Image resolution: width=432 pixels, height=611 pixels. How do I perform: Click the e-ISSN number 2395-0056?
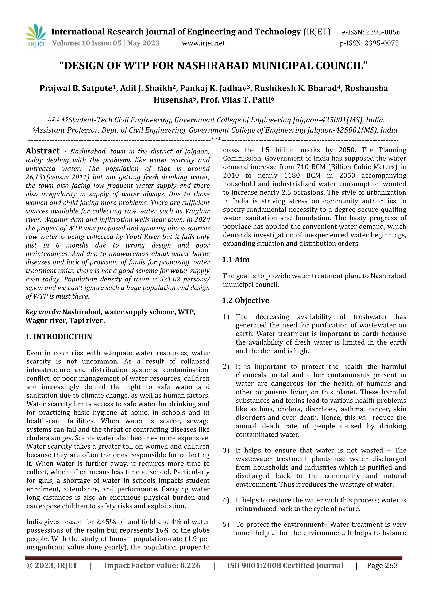pos(383,32)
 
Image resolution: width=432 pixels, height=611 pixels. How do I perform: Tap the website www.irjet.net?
pos(203,43)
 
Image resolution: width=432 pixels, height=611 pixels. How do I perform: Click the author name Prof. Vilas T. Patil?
pos(237,100)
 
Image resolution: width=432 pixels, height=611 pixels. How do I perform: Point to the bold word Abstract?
pos(43,151)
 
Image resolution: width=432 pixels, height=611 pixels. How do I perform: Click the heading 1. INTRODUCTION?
pos(59,337)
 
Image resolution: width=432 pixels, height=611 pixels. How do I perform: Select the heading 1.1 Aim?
pos(236,260)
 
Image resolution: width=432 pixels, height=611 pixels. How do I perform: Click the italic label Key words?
pos(43,312)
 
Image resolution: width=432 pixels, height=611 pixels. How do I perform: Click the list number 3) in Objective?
pos(226,451)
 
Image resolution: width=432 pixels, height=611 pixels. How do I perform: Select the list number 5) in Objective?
pos(226,525)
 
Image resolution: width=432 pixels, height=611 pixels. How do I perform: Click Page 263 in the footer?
pos(382,565)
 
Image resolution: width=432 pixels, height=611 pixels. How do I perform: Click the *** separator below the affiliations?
pos(216,139)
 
